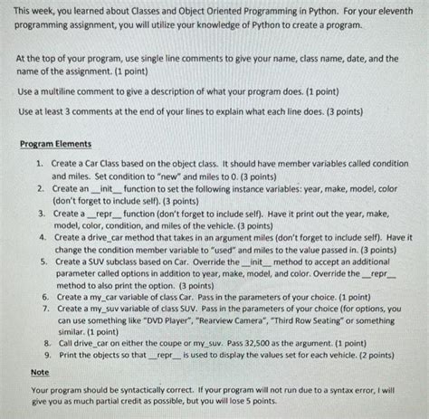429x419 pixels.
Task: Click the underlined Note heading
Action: tap(40, 372)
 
